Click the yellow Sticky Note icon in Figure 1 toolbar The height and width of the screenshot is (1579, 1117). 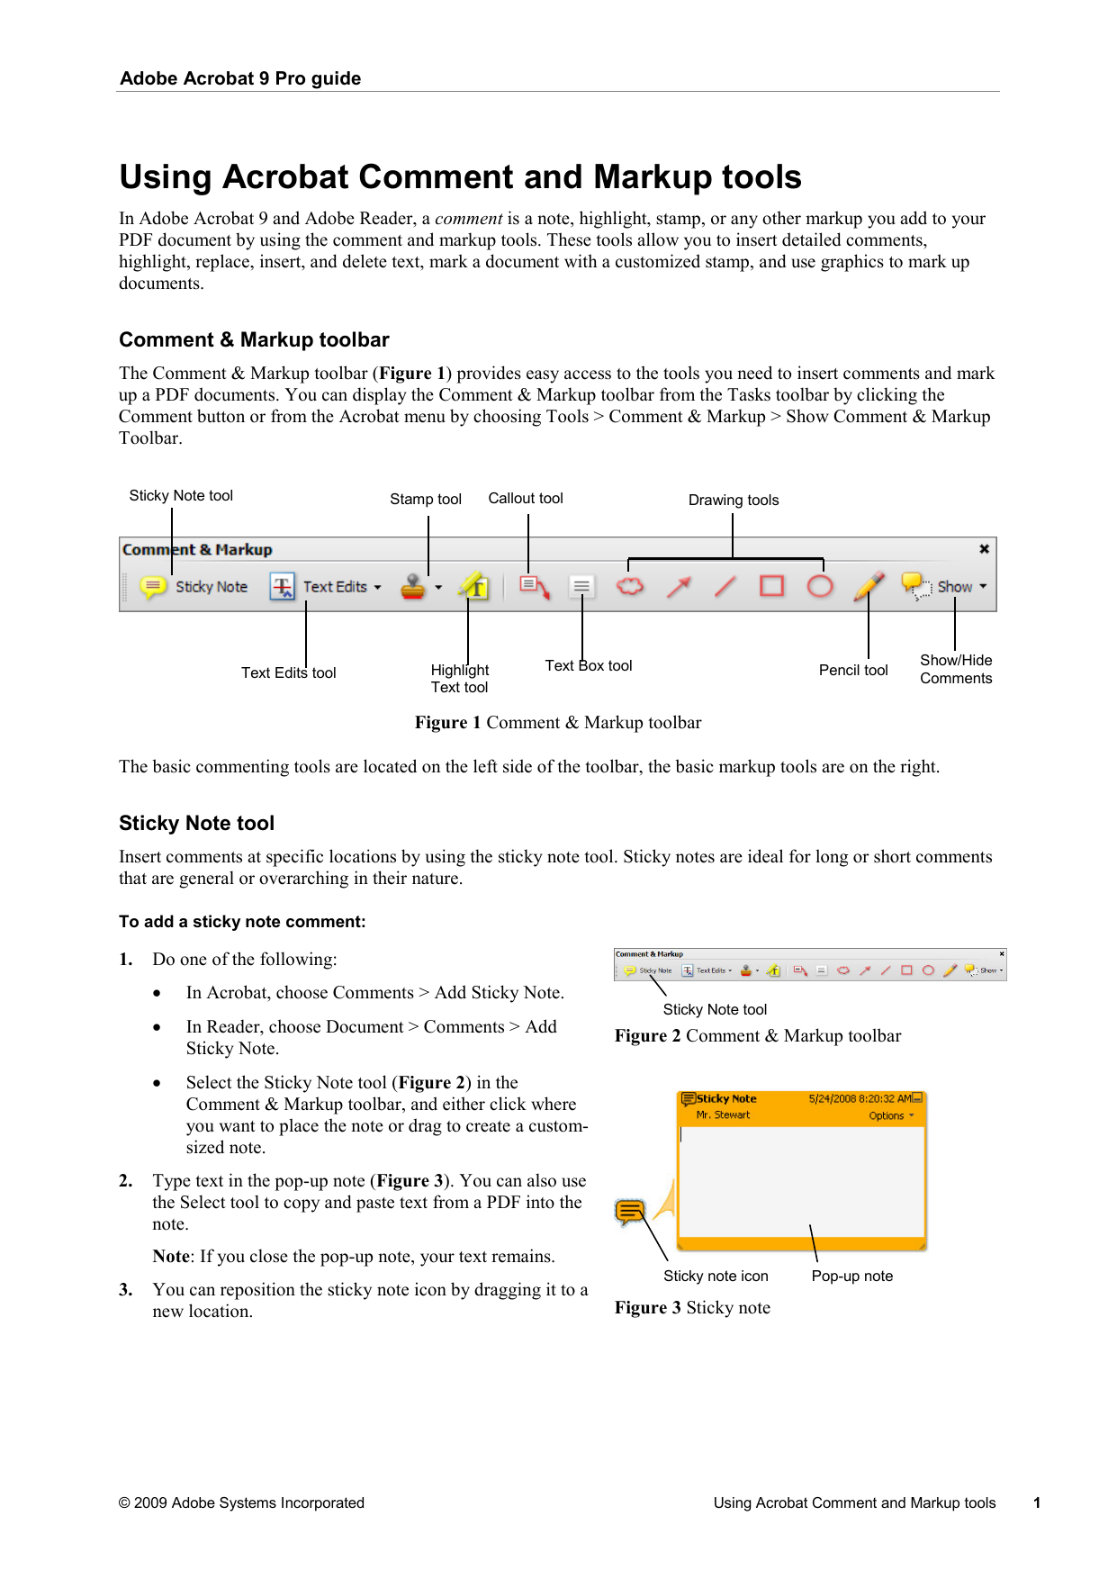(153, 587)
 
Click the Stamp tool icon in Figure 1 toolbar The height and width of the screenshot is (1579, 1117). (413, 587)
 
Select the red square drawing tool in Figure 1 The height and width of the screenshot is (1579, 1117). (772, 586)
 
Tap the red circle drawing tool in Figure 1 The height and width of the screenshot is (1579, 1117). (819, 586)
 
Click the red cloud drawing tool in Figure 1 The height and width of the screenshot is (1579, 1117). (630, 586)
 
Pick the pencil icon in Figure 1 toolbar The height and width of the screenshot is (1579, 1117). (868, 586)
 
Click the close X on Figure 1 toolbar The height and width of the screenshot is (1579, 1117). (984, 548)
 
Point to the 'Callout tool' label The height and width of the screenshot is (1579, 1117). (525, 499)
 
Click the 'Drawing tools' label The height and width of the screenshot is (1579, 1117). (733, 501)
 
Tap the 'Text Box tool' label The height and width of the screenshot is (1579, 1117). (588, 666)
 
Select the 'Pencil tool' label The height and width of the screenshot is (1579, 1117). (852, 671)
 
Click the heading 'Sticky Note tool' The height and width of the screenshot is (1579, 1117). (196, 823)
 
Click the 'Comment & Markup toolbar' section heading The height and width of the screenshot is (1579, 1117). (254, 339)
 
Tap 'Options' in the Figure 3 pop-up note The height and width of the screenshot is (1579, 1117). (887, 1115)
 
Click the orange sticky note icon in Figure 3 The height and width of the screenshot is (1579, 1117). (630, 1212)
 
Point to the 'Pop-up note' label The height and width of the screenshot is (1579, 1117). (851, 1277)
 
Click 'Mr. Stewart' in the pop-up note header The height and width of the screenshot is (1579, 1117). (723, 1115)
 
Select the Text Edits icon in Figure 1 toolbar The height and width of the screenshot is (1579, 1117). (283, 587)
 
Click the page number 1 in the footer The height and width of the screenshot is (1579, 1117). (1037, 1502)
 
